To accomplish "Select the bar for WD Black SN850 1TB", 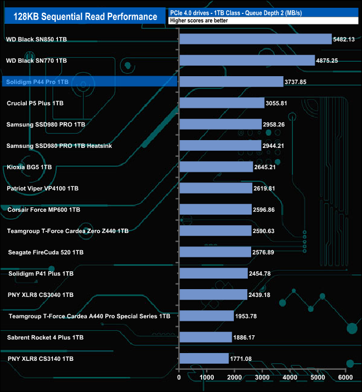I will click(x=256, y=39).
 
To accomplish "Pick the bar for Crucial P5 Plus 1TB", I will click(x=222, y=103).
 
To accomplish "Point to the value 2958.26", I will click(x=278, y=125).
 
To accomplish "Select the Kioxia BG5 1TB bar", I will click(x=216, y=167).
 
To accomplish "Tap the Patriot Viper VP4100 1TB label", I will click(x=43, y=188).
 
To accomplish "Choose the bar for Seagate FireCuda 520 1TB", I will click(x=215, y=252).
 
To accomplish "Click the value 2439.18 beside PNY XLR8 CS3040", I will click(x=264, y=295).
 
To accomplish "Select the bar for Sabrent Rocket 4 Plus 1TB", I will click(x=206, y=337).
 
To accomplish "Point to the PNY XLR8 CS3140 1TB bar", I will click(x=204, y=359).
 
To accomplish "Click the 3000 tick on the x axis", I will click(x=262, y=378).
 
